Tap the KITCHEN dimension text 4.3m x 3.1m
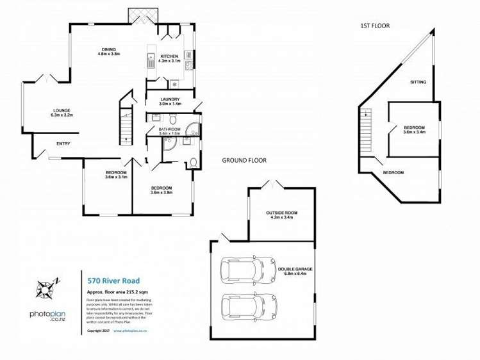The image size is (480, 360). [x=169, y=61]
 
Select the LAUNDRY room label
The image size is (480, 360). [x=170, y=99]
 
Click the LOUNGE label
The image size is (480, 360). [x=62, y=110]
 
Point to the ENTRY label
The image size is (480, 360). [x=63, y=143]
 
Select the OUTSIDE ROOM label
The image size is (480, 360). [x=282, y=212]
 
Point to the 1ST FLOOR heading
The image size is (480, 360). [x=375, y=26]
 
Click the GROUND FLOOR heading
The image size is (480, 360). [x=244, y=160]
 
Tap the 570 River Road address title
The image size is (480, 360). [x=112, y=280]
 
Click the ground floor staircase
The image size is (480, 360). [x=126, y=125]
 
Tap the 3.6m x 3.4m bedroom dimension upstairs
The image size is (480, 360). [x=415, y=132]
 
